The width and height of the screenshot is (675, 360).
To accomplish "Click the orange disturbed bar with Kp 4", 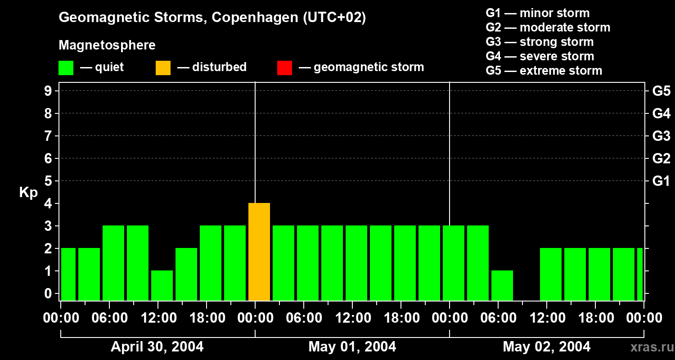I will coord(259,252).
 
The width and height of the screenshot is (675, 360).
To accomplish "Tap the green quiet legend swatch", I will coord(66,67).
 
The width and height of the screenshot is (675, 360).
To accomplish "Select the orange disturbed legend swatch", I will coord(163,67).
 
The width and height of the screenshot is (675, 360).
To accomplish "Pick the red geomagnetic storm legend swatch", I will coord(284,67).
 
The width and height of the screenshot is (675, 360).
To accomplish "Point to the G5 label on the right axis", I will coord(661,91).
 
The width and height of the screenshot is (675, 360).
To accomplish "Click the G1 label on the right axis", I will coord(661,181).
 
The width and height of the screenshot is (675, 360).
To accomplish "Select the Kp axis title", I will coord(29,193).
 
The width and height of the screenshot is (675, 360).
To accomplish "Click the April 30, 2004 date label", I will coord(157,346).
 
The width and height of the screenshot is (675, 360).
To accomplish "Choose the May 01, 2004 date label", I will coord(352,346).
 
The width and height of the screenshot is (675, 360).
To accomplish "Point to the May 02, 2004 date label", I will coord(546,346).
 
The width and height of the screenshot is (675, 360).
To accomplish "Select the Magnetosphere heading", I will coord(107,45).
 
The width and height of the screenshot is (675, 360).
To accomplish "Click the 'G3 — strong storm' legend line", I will coord(540,42).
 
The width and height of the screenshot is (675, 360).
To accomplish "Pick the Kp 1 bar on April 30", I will coord(162,285).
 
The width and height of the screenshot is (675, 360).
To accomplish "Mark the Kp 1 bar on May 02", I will coord(502,285).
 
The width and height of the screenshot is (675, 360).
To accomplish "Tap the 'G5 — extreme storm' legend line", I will coord(544,71).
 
